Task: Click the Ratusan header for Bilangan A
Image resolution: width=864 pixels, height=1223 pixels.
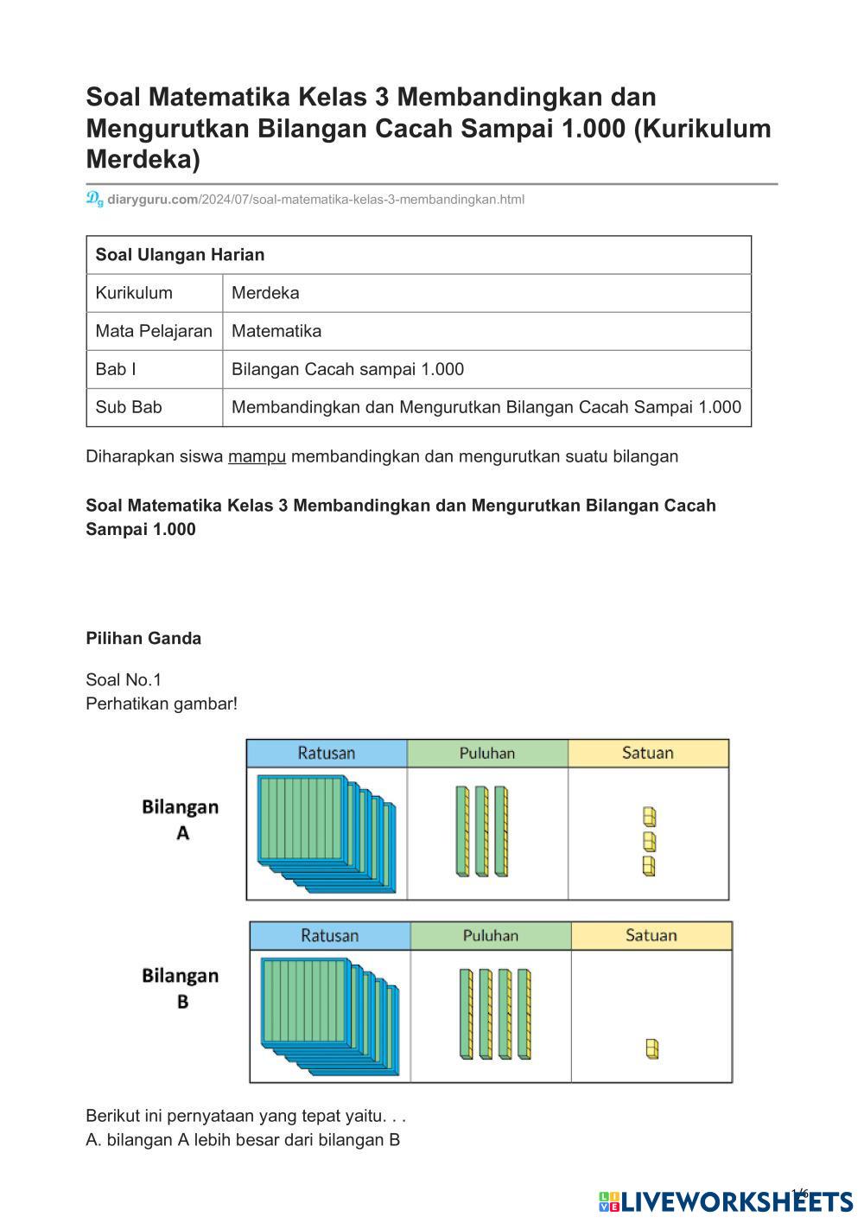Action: tap(326, 753)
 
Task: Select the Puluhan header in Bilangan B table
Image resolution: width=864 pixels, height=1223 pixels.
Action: tap(490, 935)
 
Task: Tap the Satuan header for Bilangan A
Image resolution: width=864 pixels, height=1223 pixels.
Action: tap(647, 753)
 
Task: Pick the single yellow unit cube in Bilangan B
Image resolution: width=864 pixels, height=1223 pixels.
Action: tap(652, 1048)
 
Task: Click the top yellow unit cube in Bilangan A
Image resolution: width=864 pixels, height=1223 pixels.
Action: tap(649, 816)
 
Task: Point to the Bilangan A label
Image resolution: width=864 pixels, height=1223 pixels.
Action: tap(181, 819)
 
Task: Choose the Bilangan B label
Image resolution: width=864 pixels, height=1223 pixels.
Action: tap(181, 988)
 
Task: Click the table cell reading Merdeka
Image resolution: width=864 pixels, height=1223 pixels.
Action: tap(265, 293)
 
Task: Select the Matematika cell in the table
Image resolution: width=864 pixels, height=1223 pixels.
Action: tap(276, 331)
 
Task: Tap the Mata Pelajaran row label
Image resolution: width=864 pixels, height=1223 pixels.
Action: tap(154, 331)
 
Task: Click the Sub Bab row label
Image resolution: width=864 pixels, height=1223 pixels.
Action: tap(129, 407)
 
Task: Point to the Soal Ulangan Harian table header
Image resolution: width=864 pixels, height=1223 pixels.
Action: tap(180, 255)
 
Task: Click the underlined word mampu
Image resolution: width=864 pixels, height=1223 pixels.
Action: tap(257, 456)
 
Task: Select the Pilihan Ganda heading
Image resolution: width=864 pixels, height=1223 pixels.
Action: tap(143, 639)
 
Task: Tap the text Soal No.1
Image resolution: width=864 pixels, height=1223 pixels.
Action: tap(124, 680)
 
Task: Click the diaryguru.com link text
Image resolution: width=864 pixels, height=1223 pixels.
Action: tap(153, 200)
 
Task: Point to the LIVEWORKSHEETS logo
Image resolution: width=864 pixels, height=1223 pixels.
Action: tap(726, 1201)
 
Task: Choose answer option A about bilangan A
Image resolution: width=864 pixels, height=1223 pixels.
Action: tap(243, 1140)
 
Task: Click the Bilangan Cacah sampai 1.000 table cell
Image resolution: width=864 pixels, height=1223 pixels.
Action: tap(347, 369)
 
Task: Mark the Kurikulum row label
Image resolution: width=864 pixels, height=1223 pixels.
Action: tap(134, 293)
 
